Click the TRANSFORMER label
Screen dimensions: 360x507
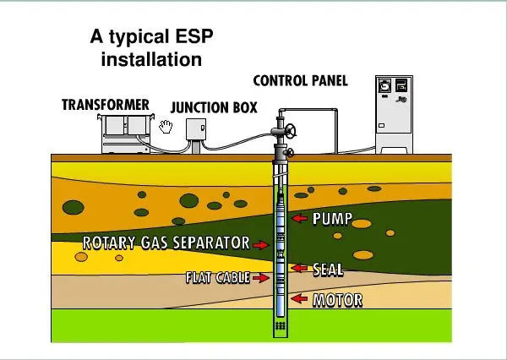106,105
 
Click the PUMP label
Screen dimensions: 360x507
332,219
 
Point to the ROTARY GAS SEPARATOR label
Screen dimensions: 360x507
166,243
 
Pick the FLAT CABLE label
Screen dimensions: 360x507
217,277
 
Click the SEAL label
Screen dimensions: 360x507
328,270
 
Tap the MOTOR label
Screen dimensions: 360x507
337,299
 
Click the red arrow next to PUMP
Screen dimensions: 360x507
299,219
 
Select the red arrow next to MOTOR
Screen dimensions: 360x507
299,298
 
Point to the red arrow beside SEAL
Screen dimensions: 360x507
301,269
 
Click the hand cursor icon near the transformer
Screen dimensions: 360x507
166,127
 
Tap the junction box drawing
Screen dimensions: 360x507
196,129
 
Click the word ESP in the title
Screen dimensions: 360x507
182,38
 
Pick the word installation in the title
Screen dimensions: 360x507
151,59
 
